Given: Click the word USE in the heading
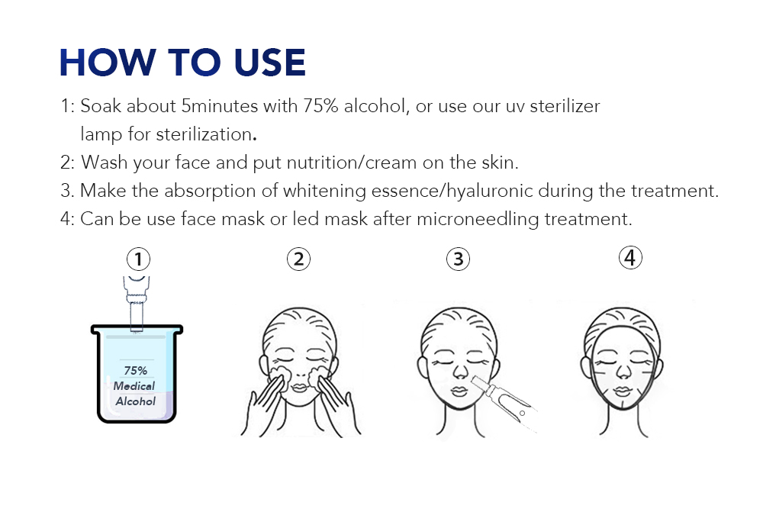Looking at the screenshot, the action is pos(269,63).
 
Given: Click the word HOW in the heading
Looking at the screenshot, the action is pos(107,63).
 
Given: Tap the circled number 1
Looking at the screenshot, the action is pos(138,259).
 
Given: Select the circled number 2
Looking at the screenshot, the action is pos(298,259).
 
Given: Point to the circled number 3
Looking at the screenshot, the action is pos(458,259).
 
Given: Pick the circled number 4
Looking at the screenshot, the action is pos(630,258).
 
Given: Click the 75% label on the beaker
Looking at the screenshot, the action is pos(135,370).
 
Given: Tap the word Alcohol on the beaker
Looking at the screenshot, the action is pos(135,401).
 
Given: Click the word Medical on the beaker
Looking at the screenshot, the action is pos(134,386).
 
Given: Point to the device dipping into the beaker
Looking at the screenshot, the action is pos(137,304).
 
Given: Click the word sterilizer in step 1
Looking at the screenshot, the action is pos(565,106).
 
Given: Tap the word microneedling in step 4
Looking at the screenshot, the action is pos(478,220).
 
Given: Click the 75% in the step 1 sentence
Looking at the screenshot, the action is pos(320,106).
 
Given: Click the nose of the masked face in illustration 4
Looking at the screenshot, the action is pos(623,372).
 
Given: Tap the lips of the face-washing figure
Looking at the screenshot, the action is pos(299,388).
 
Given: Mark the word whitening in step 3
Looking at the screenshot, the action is pos(324,192).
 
